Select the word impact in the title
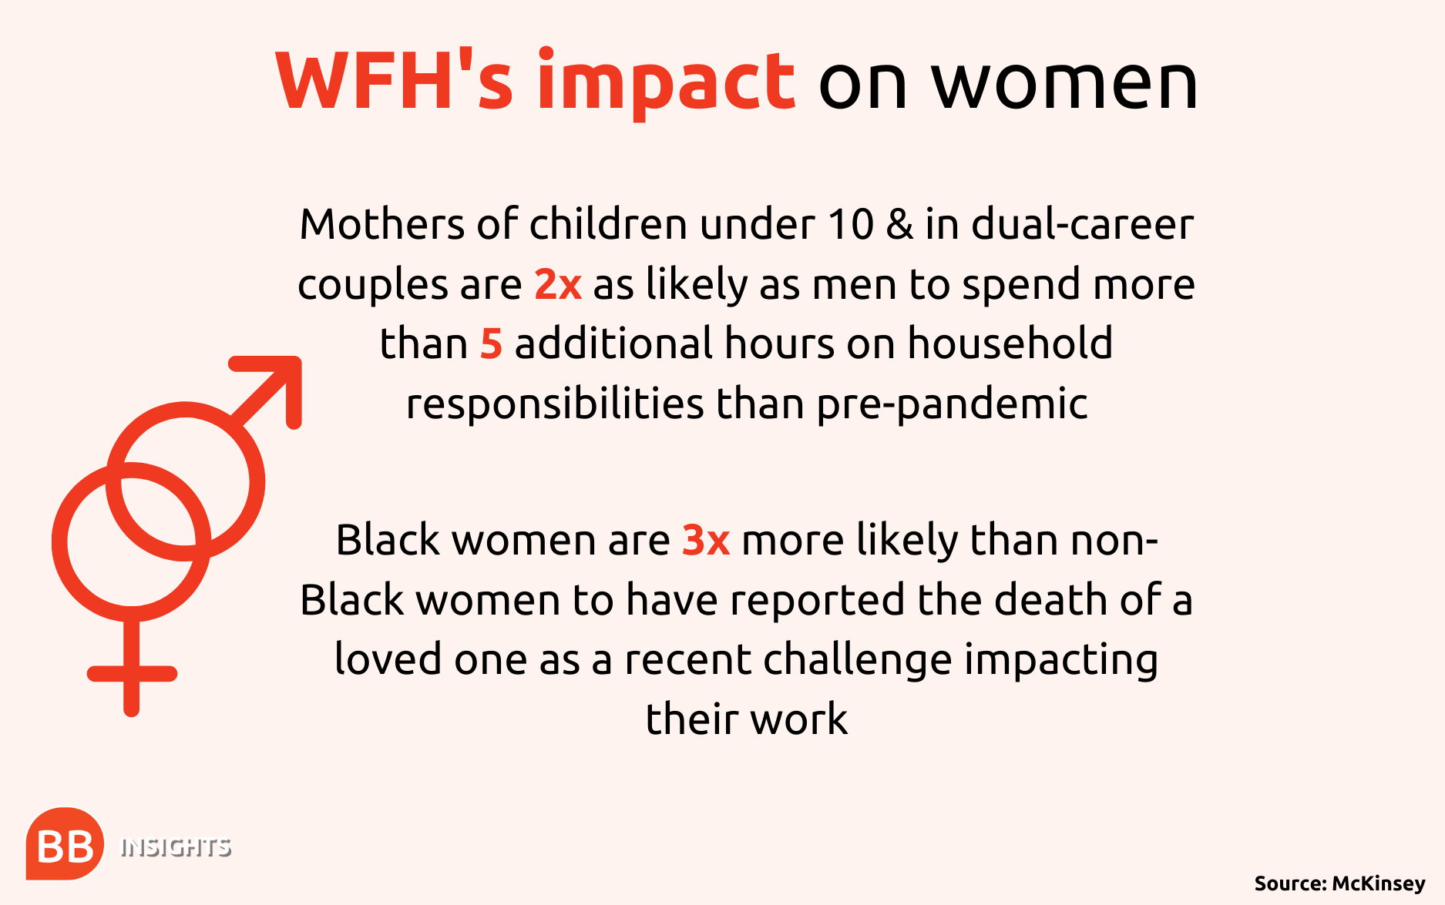(666, 82)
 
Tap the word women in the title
(1065, 85)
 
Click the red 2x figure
(558, 284)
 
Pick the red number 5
(491, 344)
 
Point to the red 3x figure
(706, 540)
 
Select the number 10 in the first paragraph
(851, 225)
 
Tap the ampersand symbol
(899, 225)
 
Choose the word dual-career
(1083, 224)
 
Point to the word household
(1010, 343)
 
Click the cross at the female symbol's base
(132, 673)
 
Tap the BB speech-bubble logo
(65, 843)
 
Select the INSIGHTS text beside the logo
(176, 848)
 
